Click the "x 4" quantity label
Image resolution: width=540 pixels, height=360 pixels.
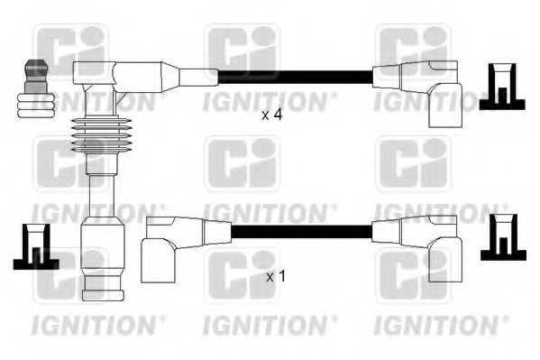[272, 115]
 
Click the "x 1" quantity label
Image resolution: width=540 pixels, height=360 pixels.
[276, 276]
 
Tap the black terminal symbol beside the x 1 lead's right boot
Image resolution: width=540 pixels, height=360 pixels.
[502, 242]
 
